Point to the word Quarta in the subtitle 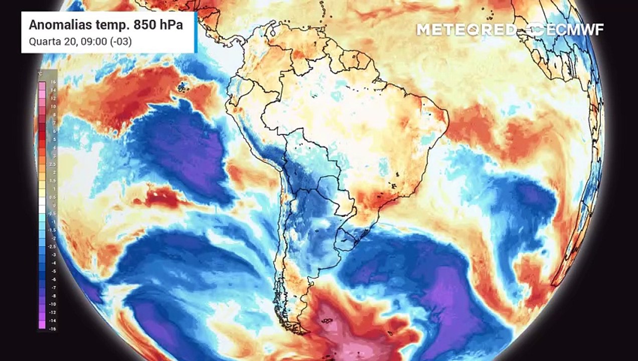tap(42, 42)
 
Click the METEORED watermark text tap(465, 30)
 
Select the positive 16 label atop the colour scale tap(53, 82)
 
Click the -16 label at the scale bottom tap(52, 328)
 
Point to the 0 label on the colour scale tap(53, 205)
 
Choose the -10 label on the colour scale tap(52, 304)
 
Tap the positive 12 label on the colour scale tap(53, 98)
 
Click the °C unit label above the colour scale tap(41, 73)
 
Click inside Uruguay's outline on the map tap(345, 240)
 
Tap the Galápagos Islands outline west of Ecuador tap(181, 88)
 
